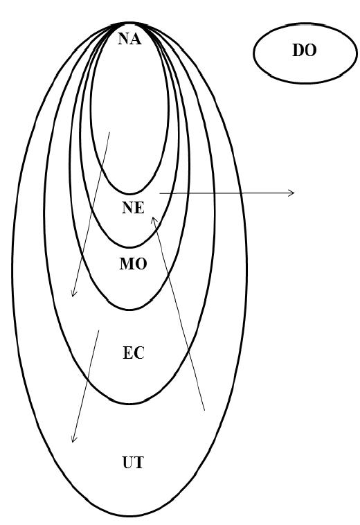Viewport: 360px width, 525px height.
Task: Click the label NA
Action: [x=129, y=39]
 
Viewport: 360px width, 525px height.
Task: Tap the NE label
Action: [x=133, y=208]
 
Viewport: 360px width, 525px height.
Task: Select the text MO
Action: [x=133, y=264]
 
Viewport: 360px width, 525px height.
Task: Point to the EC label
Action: [x=134, y=353]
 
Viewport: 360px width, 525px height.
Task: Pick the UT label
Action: [x=133, y=463]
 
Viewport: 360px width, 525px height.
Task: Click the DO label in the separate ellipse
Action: [x=305, y=51]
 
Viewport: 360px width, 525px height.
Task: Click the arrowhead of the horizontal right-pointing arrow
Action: [x=294, y=193]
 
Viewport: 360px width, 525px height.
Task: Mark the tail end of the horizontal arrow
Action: [x=160, y=193]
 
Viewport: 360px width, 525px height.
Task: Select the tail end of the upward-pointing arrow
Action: [x=204, y=410]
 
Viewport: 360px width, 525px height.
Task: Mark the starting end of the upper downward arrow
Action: [x=109, y=132]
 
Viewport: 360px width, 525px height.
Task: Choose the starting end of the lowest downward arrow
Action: [x=99, y=330]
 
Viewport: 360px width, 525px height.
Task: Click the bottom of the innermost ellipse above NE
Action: [x=130, y=193]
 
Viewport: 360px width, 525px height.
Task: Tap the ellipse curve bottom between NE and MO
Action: [x=130, y=247]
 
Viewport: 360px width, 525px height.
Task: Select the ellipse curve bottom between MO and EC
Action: [x=130, y=310]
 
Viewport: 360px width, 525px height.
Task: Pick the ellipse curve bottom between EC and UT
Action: [x=130, y=403]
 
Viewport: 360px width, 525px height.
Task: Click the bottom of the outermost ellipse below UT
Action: [x=130, y=515]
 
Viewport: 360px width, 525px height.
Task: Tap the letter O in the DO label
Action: [x=311, y=51]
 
